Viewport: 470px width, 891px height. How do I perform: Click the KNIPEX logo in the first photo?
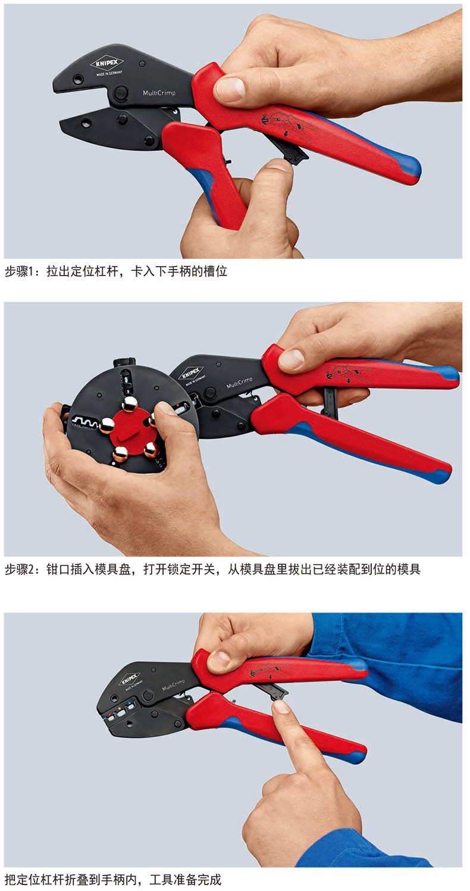pos(107,63)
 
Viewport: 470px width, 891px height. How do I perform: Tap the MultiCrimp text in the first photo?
pos(159,93)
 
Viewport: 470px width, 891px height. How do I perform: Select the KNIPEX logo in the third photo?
pos(129,679)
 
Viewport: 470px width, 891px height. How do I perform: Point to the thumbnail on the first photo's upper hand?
pos(230,88)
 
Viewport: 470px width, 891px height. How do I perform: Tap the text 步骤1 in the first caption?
pos(16,271)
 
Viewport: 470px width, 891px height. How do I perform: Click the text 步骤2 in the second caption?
pos(17,569)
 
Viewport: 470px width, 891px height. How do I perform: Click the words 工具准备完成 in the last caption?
pos(185,880)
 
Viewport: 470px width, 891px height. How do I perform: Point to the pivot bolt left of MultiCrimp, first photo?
pos(120,93)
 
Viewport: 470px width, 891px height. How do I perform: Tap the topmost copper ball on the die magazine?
pos(130,404)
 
